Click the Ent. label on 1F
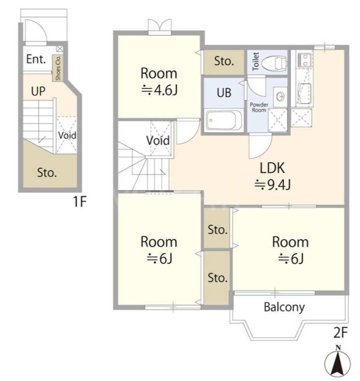(x=36, y=59)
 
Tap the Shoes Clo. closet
(x=58, y=68)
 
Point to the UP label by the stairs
(x=38, y=91)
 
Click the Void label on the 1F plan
(x=67, y=135)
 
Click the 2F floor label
(x=341, y=333)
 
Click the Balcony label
(x=284, y=307)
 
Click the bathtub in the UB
(x=224, y=120)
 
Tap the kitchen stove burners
(x=304, y=60)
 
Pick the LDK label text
(x=272, y=168)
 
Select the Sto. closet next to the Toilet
(x=224, y=62)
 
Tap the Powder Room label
(x=259, y=107)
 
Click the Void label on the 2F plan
(x=158, y=140)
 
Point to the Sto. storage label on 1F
(x=47, y=173)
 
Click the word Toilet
(x=256, y=61)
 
